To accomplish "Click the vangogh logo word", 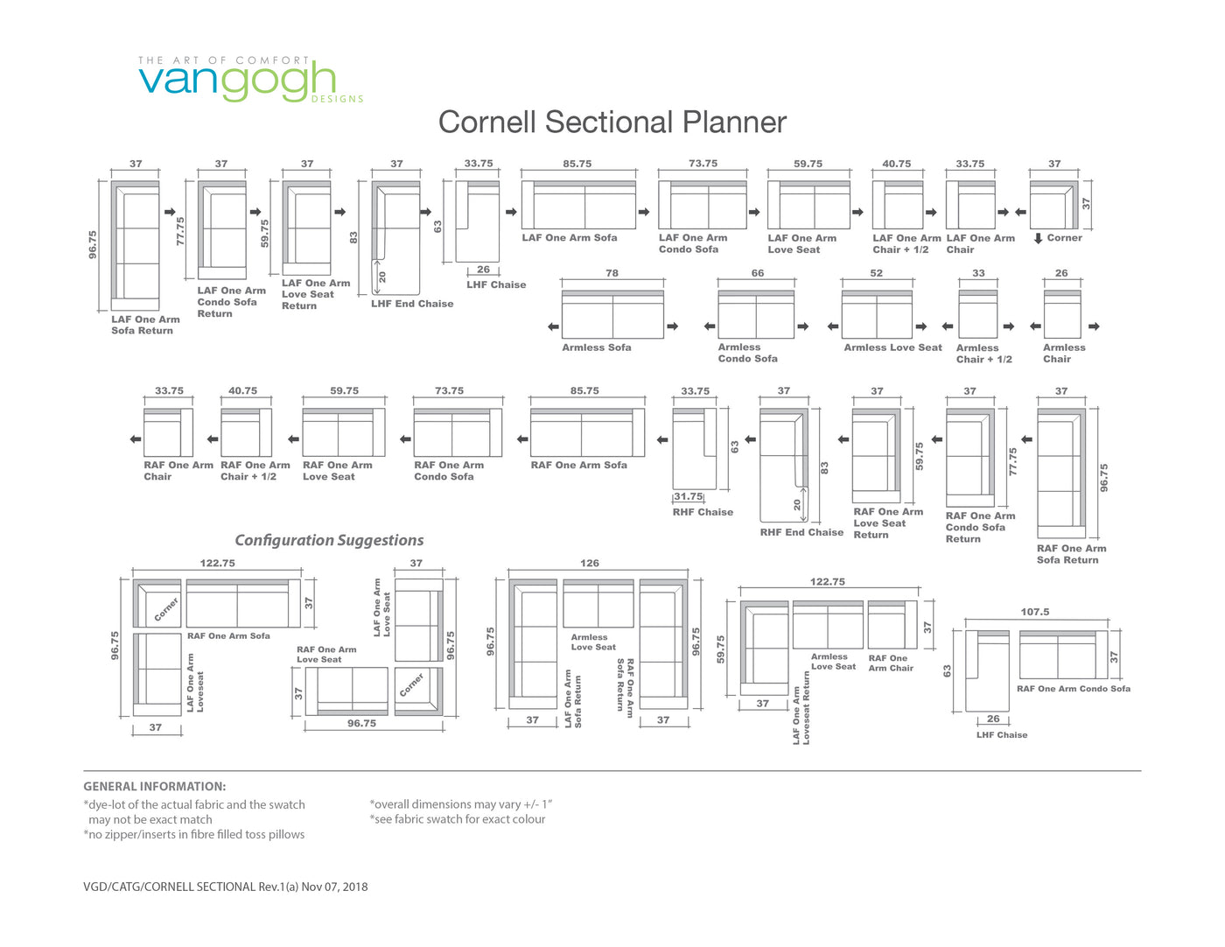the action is (x=237, y=82).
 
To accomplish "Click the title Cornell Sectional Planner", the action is (x=612, y=123).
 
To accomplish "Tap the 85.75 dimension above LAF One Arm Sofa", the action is (x=577, y=164).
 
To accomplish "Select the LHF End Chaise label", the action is (x=412, y=304).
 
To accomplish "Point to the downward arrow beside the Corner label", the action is (x=1038, y=238).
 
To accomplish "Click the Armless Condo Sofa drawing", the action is (x=756, y=314).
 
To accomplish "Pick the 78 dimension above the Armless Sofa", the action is (x=612, y=273).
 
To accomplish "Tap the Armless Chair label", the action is (x=1064, y=354).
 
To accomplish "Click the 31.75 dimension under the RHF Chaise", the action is (x=689, y=496).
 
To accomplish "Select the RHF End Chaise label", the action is (x=801, y=532).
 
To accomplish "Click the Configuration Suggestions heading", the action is (x=329, y=540).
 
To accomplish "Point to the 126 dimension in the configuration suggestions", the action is (x=590, y=563).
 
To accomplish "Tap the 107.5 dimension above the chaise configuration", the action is (x=1035, y=612).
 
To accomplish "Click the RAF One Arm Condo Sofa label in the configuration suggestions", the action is (x=1074, y=688).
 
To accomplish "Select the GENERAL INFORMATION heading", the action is (x=155, y=786).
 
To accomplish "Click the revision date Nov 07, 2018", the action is (x=334, y=887).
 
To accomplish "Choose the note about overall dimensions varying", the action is (x=461, y=804).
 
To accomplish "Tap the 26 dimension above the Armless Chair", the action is (x=1061, y=273).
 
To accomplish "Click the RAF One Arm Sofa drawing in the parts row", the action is (x=587, y=432).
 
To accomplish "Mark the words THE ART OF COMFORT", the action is (x=223, y=60).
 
